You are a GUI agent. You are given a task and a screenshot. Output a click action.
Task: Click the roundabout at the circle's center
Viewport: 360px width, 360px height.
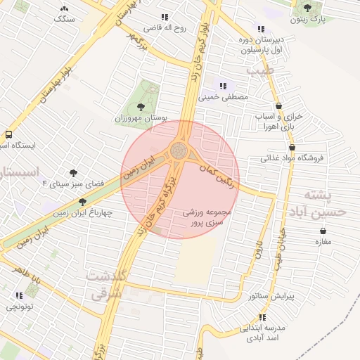pos(179,150)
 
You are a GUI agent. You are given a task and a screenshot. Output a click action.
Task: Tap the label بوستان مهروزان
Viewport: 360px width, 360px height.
pos(139,119)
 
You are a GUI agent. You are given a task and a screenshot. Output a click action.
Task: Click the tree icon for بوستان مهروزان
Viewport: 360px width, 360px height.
pos(141,107)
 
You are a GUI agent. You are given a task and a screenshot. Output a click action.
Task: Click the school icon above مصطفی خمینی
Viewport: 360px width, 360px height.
pos(224,86)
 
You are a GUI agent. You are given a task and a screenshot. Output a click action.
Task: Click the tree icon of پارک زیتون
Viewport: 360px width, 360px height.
pos(308,8)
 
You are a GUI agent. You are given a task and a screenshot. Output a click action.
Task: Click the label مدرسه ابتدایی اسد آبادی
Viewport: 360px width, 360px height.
pos(264,333)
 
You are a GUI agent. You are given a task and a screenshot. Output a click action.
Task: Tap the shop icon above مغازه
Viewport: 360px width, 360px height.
pos(323,231)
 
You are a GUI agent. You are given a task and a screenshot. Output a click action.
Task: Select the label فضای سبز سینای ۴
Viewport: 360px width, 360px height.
pos(73,183)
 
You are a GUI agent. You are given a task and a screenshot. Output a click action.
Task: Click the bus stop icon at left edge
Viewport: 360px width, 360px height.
pos(9,134)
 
